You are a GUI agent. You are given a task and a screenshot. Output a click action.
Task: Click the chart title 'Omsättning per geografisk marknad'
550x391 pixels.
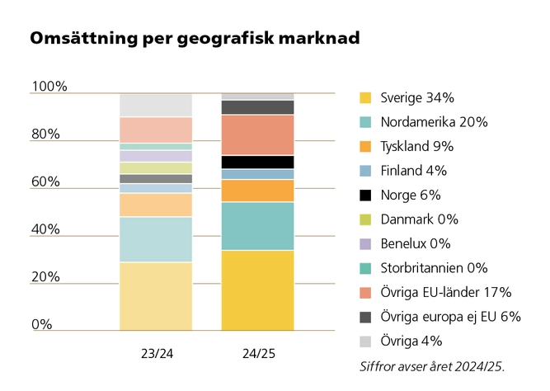point(195,39)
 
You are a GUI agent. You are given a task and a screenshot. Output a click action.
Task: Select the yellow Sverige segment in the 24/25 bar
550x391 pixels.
point(258,290)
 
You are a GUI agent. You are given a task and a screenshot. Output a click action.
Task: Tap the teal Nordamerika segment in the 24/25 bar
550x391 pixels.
point(258,226)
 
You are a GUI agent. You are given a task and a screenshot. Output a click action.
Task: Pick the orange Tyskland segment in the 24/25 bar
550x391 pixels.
point(258,191)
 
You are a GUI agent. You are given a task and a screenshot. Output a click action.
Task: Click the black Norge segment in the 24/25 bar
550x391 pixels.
point(258,162)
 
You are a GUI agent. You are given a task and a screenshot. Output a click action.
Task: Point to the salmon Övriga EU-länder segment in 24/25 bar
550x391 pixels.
point(258,134)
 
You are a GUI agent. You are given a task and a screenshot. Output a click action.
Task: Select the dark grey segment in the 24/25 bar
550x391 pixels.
point(258,107)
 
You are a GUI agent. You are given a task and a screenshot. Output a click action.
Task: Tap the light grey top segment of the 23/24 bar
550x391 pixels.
point(156,105)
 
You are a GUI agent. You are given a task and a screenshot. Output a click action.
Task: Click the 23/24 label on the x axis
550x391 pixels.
point(156,353)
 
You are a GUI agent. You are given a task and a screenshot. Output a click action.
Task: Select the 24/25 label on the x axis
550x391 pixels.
point(258,353)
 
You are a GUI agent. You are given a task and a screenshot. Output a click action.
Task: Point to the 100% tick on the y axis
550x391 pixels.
point(49,87)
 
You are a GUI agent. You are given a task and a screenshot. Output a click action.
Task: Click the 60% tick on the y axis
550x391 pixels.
point(45,181)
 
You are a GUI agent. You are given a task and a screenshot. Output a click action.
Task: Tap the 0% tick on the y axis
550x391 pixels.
point(41,324)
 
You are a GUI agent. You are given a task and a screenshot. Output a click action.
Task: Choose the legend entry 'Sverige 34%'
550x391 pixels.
point(417,98)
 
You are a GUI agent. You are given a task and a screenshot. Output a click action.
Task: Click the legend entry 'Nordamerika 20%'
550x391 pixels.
point(434,122)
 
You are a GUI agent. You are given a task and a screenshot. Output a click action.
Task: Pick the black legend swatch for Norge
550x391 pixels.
point(365,195)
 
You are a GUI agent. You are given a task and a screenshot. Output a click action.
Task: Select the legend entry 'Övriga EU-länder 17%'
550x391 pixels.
point(446,292)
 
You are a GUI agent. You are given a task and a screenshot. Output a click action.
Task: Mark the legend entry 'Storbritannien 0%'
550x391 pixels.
point(434,268)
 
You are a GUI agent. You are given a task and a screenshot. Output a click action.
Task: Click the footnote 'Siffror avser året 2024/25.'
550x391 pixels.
point(431,365)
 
